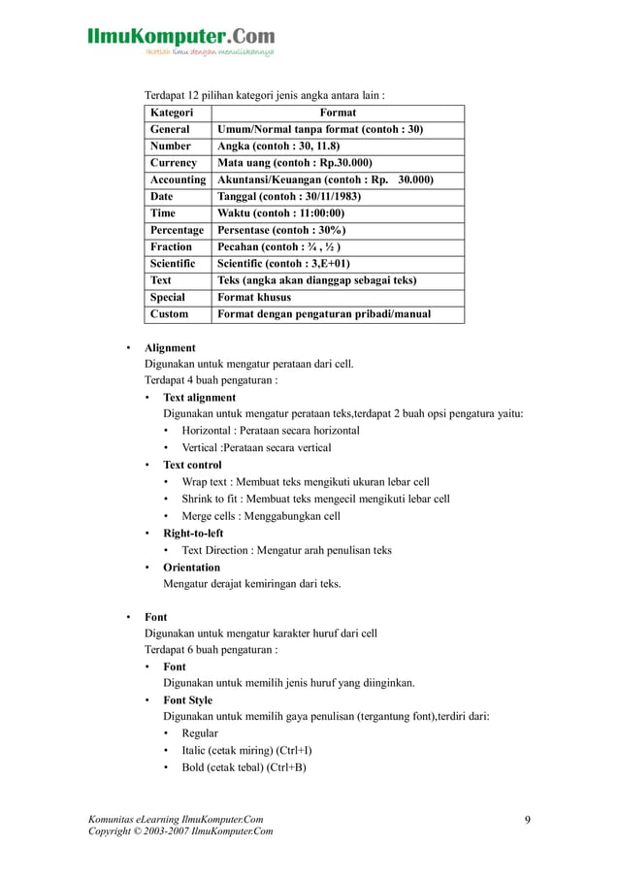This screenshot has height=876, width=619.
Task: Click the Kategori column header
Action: pos(171,113)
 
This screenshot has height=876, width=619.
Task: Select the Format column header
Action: pos(337,113)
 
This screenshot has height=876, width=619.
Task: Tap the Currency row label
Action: pos(174,163)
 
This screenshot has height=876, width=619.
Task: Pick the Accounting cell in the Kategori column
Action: pos(178,179)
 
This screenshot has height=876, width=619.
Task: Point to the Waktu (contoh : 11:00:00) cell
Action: pos(281,212)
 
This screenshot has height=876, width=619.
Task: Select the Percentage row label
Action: pos(177,230)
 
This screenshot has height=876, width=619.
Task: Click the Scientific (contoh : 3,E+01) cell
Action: pos(283,263)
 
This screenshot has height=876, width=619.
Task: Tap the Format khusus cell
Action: pos(254,297)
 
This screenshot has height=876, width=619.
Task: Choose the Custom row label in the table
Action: pos(170,313)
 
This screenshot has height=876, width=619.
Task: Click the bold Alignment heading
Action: pos(170,347)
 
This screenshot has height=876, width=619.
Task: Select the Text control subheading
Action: pos(192,465)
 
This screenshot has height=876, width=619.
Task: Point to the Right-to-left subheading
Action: pos(193,533)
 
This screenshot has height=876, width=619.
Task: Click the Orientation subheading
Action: pos(191,567)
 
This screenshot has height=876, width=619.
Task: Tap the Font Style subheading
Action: pos(187,699)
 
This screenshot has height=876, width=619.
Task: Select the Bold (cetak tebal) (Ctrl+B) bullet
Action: pos(244,767)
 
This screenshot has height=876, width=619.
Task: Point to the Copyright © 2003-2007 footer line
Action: pos(180,831)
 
